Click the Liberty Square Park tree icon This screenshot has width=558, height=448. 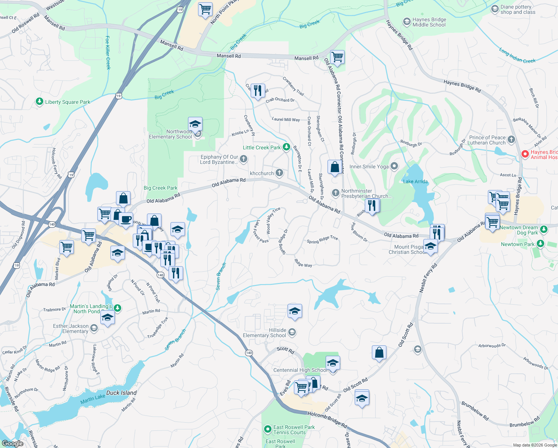[x=39, y=102]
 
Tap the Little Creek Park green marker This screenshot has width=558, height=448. [x=286, y=147]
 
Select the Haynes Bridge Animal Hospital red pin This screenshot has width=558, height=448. [x=525, y=154]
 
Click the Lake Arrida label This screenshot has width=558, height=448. [x=415, y=181]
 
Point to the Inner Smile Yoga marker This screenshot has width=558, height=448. [x=394, y=166]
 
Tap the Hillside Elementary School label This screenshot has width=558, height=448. [x=264, y=333]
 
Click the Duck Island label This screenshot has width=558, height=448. [x=121, y=393]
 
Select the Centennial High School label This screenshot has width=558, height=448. [x=300, y=370]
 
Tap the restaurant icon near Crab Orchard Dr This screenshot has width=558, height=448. [x=258, y=91]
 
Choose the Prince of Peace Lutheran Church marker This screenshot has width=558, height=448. [x=511, y=139]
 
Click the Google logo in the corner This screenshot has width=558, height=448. [x=12, y=443]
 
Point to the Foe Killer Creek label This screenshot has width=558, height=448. [x=108, y=53]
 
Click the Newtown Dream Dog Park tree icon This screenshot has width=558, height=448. [x=543, y=229]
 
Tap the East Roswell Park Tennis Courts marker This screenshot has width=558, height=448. [x=267, y=429]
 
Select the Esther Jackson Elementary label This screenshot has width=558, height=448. [x=71, y=329]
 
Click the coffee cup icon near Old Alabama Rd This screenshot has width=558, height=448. [x=126, y=219]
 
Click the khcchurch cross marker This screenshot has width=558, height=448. [x=279, y=172]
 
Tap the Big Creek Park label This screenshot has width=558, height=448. [x=160, y=188]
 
